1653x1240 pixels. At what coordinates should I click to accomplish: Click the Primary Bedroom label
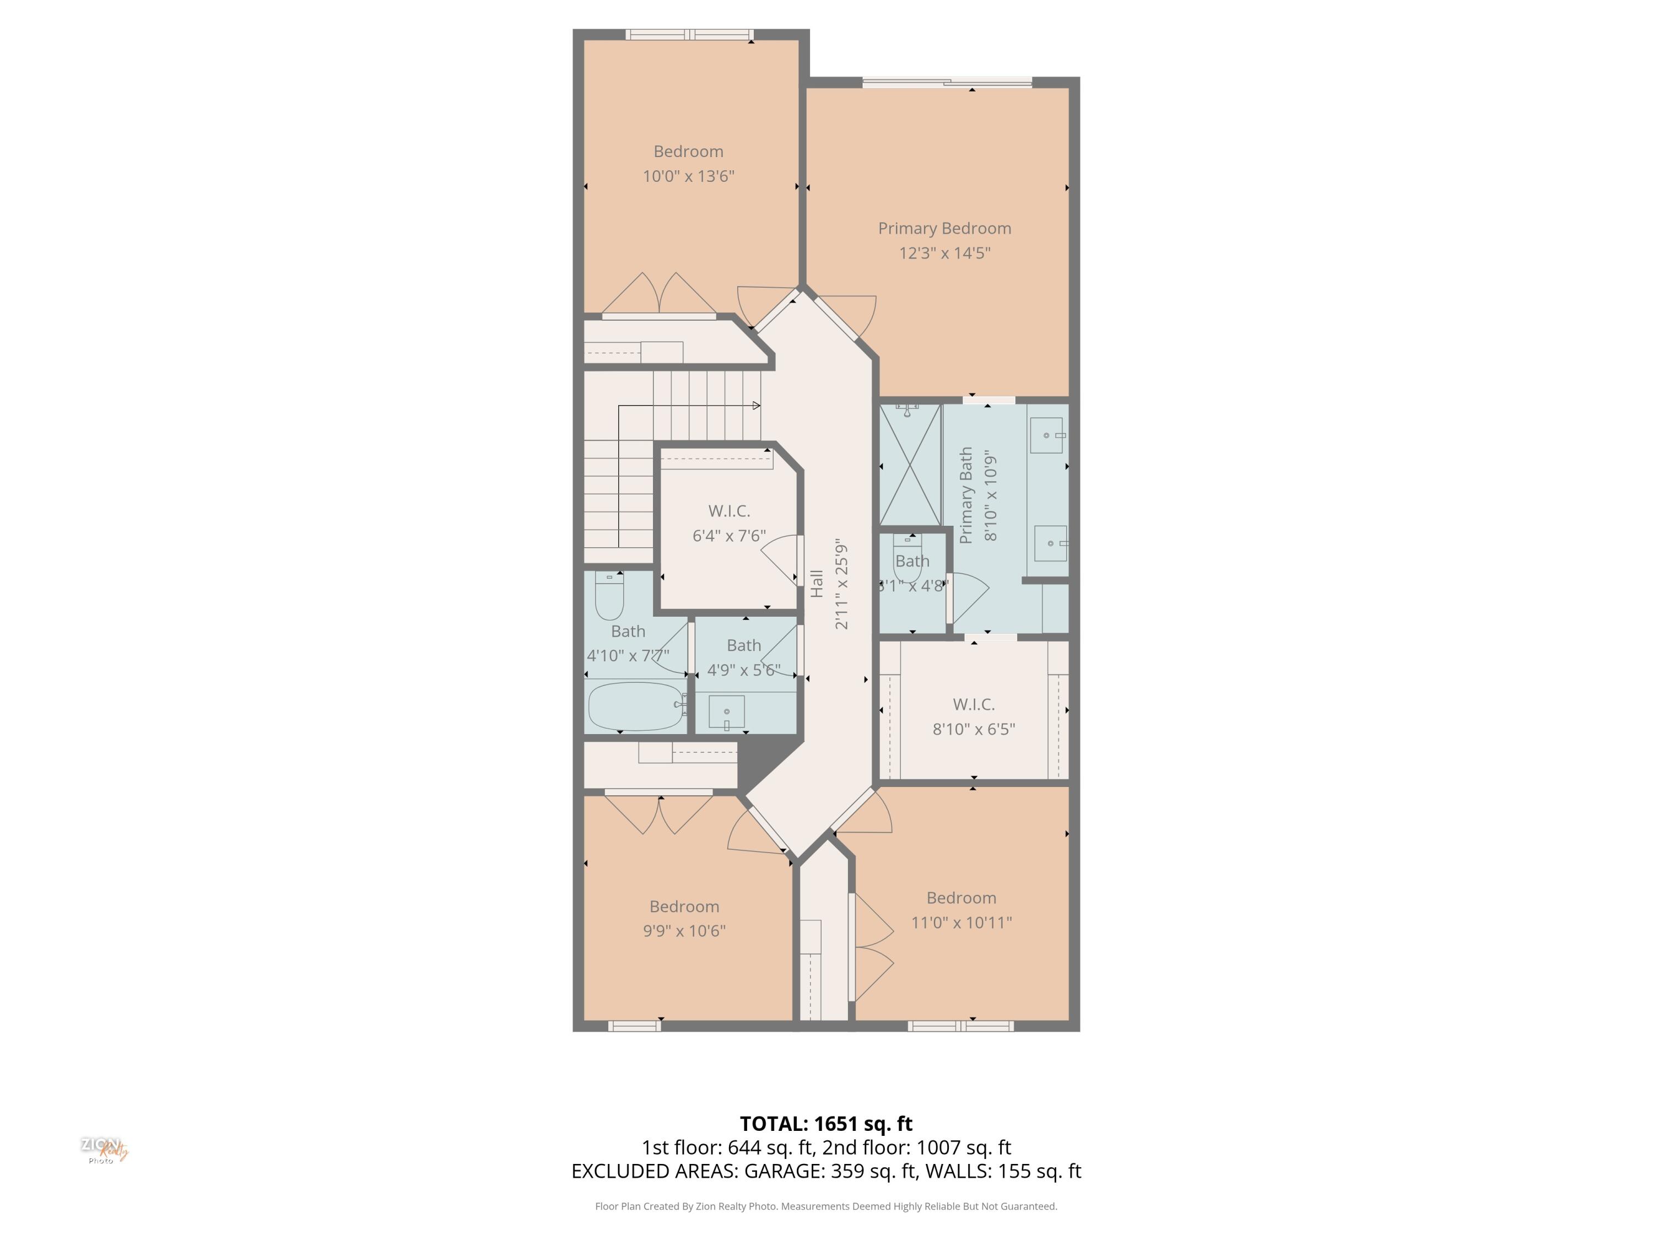click(944, 228)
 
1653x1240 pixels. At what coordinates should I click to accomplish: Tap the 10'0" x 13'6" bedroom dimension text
click(688, 176)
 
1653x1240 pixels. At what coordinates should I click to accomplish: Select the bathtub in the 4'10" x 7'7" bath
click(635, 705)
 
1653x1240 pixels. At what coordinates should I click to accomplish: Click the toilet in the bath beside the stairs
click(609, 596)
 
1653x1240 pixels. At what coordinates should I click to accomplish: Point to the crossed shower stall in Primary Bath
click(910, 465)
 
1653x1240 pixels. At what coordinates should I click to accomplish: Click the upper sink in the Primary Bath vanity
click(1046, 435)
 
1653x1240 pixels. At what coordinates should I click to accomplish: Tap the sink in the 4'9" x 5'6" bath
click(726, 711)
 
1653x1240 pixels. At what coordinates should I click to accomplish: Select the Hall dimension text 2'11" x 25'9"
click(841, 584)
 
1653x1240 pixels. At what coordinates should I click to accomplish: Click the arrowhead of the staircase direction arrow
click(757, 406)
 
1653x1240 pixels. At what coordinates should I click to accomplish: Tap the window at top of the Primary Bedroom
click(947, 82)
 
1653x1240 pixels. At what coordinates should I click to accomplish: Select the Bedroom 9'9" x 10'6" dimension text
click(684, 931)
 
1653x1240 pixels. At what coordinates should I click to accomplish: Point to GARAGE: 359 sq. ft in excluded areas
click(829, 1171)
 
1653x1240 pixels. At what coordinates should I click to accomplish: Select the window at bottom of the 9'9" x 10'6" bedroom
click(634, 1026)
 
